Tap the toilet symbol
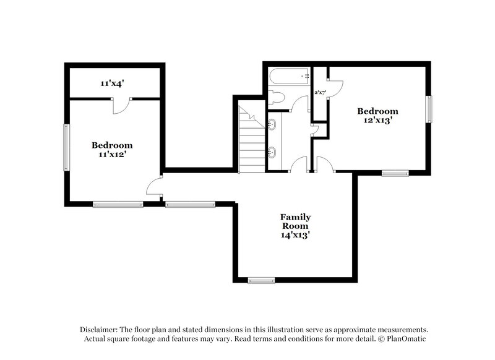[275, 98]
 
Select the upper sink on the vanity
[272, 125]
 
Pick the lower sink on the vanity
[272, 151]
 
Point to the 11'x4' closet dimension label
[115, 82]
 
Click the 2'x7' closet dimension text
[320, 93]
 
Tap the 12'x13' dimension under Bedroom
[377, 121]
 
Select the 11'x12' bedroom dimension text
[113, 155]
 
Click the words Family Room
[295, 221]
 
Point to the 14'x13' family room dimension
[295, 235]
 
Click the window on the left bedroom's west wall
[66, 147]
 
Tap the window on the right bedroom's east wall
[428, 109]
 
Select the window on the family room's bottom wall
[261, 280]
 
